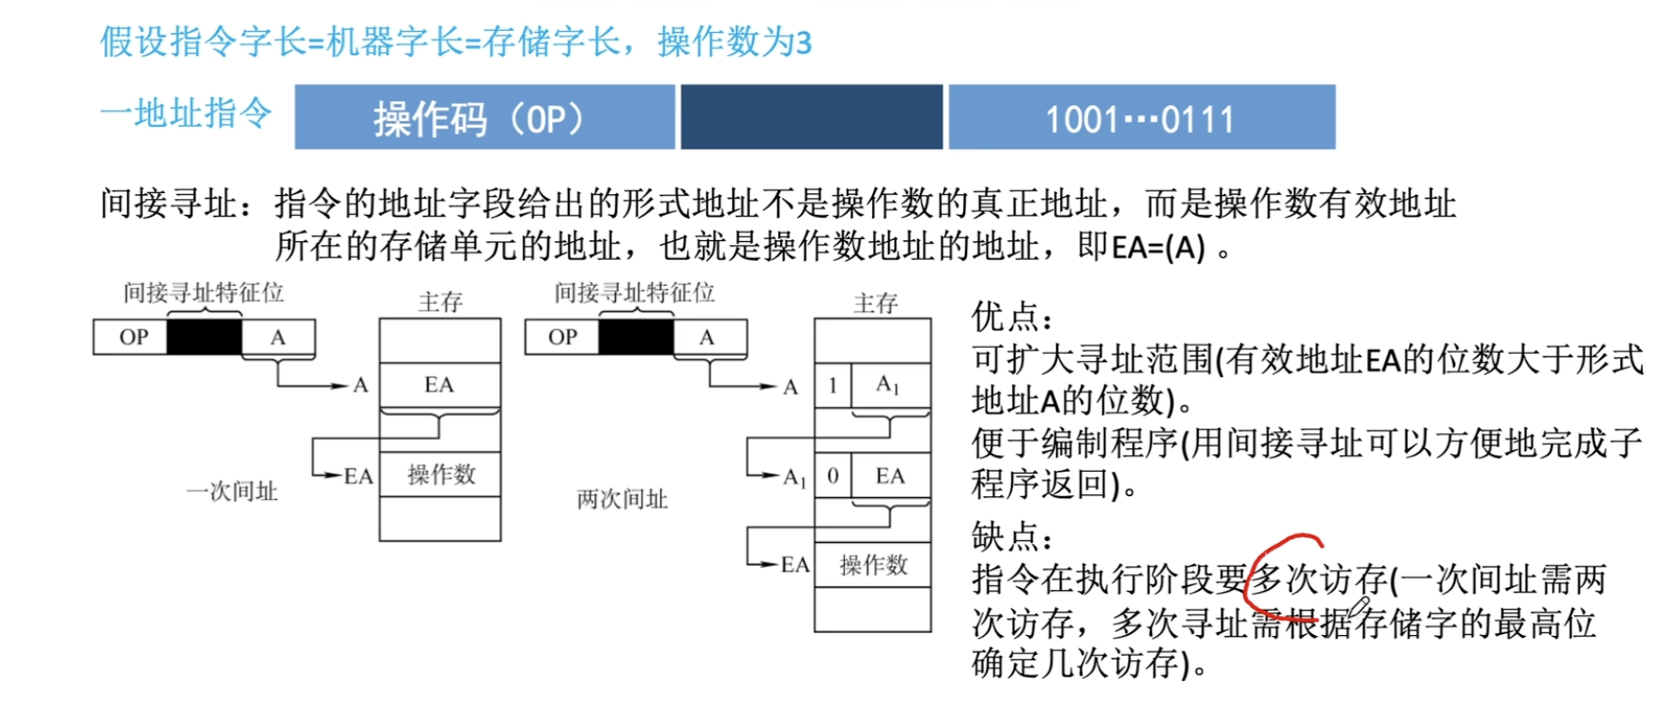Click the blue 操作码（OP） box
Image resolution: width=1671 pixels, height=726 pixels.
pyautogui.click(x=484, y=117)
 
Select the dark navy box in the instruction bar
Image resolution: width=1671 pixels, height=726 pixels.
pyautogui.click(x=811, y=117)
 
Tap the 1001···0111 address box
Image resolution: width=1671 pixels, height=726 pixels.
pyautogui.click(x=1142, y=117)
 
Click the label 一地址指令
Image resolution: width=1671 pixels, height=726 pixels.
pyautogui.click(x=186, y=113)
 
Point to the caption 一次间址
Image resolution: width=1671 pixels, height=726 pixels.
pyautogui.click(x=232, y=492)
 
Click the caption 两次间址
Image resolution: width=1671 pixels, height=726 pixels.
pyautogui.click(x=622, y=499)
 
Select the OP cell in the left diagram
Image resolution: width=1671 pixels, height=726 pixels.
pyautogui.click(x=131, y=337)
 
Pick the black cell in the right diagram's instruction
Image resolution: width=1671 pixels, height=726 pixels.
pyautogui.click(x=636, y=337)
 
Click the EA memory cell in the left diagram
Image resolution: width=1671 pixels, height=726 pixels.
pyautogui.click(x=439, y=385)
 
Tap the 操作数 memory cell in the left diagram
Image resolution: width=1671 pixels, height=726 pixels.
pyautogui.click(x=440, y=475)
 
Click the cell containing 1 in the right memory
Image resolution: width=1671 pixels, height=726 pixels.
pyautogui.click(x=833, y=386)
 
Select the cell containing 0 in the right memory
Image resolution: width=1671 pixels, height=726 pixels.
pyautogui.click(x=833, y=476)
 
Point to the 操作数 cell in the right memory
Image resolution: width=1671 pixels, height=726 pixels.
pyautogui.click(x=873, y=565)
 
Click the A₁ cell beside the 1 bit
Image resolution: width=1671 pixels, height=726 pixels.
pyautogui.click(x=890, y=386)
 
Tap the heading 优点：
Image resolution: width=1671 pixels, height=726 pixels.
pyautogui.click(x=1012, y=317)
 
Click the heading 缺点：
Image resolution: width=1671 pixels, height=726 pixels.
pyautogui.click(x=1012, y=537)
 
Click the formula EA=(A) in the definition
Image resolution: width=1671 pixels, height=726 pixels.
pyautogui.click(x=1157, y=248)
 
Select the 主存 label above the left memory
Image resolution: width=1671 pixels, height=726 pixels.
pyautogui.click(x=440, y=301)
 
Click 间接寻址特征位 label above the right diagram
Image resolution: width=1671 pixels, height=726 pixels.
pyautogui.click(x=635, y=293)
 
